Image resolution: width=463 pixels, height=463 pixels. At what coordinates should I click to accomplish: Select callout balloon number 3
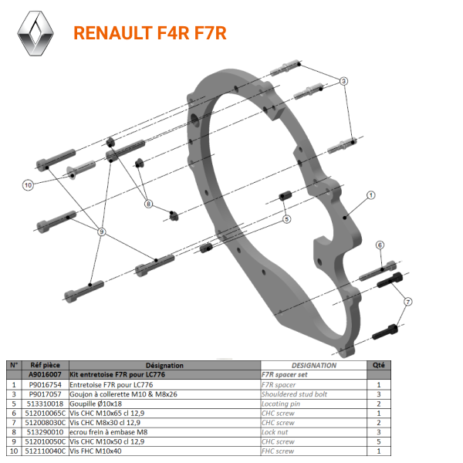pyautogui.click(x=344, y=80)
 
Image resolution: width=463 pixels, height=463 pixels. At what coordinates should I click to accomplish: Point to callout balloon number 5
pyautogui.click(x=286, y=219)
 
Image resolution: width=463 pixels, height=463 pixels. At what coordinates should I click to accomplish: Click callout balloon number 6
pyautogui.click(x=380, y=245)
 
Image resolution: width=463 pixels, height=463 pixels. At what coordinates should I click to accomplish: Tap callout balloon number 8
pyautogui.click(x=149, y=204)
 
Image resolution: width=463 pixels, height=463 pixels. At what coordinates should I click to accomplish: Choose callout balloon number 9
pyautogui.click(x=101, y=231)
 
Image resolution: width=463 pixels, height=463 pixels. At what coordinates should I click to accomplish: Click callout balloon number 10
pyautogui.click(x=28, y=185)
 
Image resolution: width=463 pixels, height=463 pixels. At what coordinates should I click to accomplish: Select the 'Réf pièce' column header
pyautogui.click(x=45, y=366)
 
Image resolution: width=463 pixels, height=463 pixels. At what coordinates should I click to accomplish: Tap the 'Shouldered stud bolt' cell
pyautogui.click(x=294, y=394)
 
